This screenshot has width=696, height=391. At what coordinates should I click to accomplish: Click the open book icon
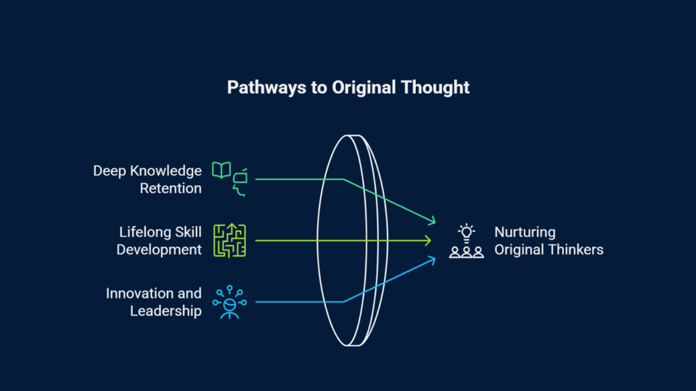[221, 170]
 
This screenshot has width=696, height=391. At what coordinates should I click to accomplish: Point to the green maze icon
[230, 240]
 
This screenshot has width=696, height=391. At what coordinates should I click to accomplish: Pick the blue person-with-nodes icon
[230, 302]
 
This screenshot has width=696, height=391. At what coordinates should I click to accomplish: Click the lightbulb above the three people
[466, 233]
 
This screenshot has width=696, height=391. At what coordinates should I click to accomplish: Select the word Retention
[171, 189]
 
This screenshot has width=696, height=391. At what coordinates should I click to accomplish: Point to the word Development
[159, 250]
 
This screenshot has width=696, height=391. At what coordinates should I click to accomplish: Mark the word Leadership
[166, 311]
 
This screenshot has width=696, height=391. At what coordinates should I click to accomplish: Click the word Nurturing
[525, 232]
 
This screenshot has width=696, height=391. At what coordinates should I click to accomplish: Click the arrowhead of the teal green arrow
[432, 221]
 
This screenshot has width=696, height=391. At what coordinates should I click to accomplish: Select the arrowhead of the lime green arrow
[428, 240]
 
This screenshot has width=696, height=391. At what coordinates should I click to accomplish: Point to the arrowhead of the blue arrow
[432, 260]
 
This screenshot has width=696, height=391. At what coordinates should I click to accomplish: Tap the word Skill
[188, 232]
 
